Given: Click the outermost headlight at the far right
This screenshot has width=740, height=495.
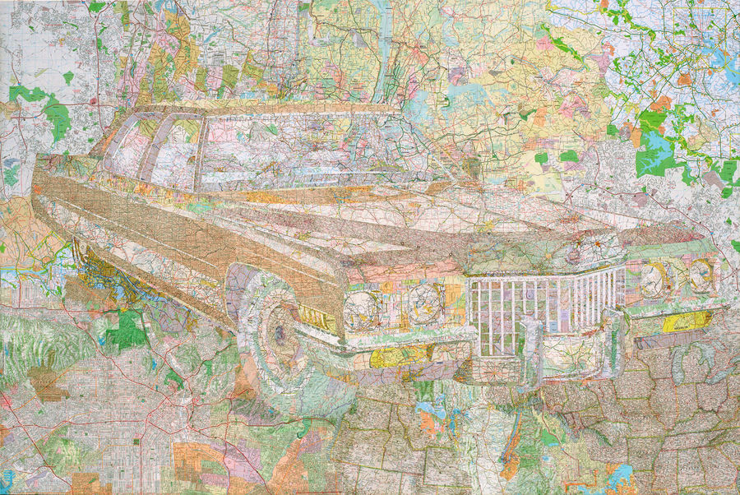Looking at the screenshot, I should (701, 276).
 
